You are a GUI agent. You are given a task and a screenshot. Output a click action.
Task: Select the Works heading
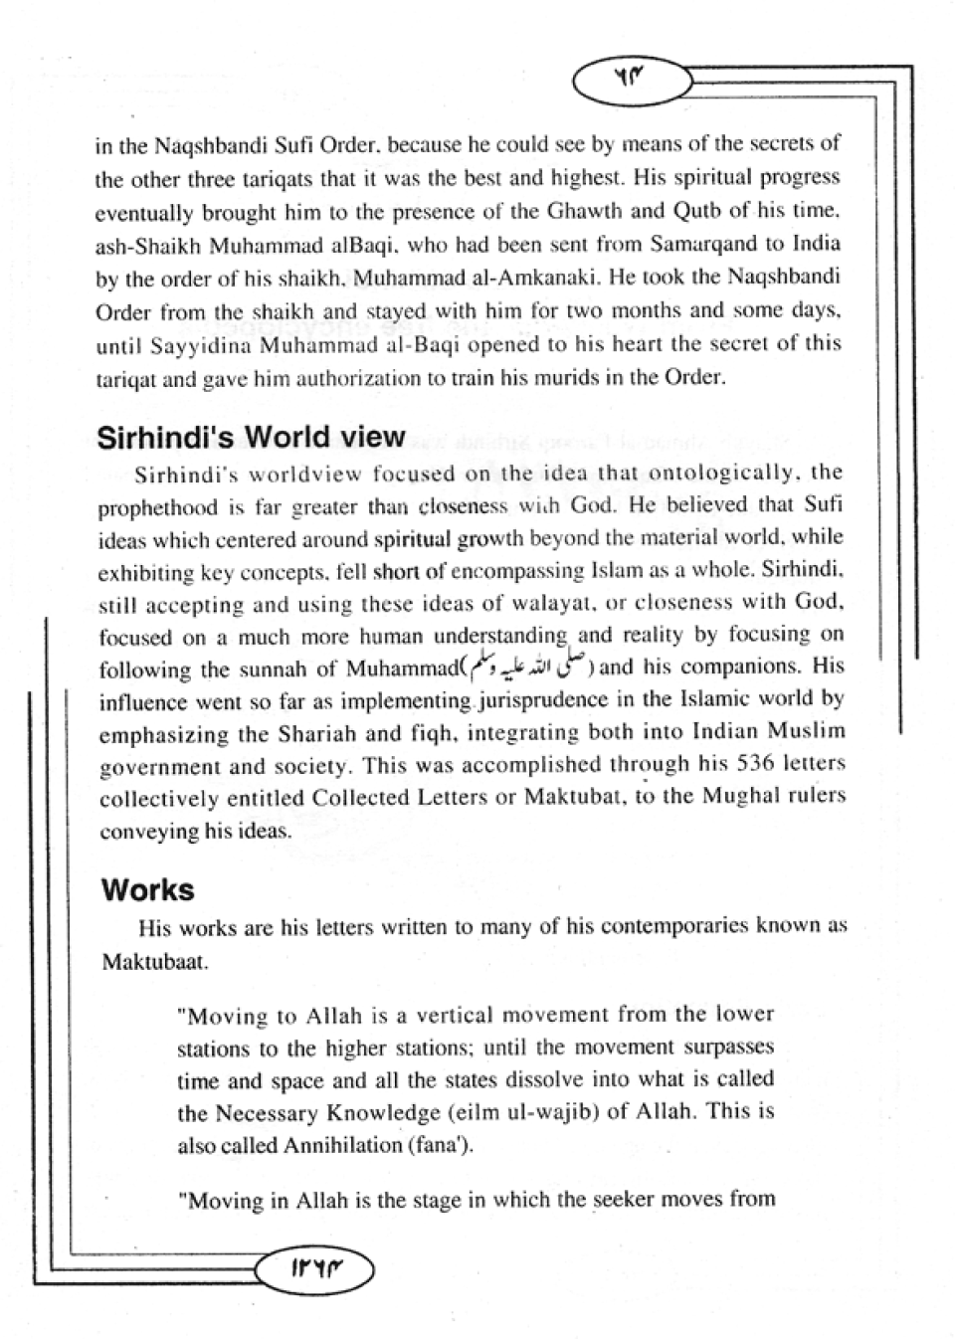point(147,889)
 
